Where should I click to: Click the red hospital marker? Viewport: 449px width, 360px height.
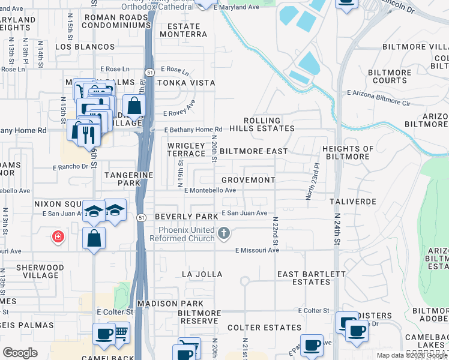pyautogui.click(x=58, y=237)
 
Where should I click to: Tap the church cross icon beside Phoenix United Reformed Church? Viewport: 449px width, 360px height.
pyautogui.click(x=224, y=233)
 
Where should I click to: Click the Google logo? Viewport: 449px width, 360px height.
pyautogui.click(x=20, y=353)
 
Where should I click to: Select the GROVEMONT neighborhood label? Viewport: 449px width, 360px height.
pyautogui.click(x=248, y=180)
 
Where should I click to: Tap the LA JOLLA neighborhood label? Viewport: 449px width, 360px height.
pyautogui.click(x=202, y=274)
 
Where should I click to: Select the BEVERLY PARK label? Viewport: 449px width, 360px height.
pyautogui.click(x=185, y=216)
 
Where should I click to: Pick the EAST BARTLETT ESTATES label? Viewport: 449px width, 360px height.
pyautogui.click(x=311, y=278)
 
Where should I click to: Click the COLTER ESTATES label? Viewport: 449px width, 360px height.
pyautogui.click(x=264, y=328)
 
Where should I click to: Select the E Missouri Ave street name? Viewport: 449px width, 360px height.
pyautogui.click(x=257, y=250)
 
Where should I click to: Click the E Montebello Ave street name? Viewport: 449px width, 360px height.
pyautogui.click(x=209, y=190)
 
